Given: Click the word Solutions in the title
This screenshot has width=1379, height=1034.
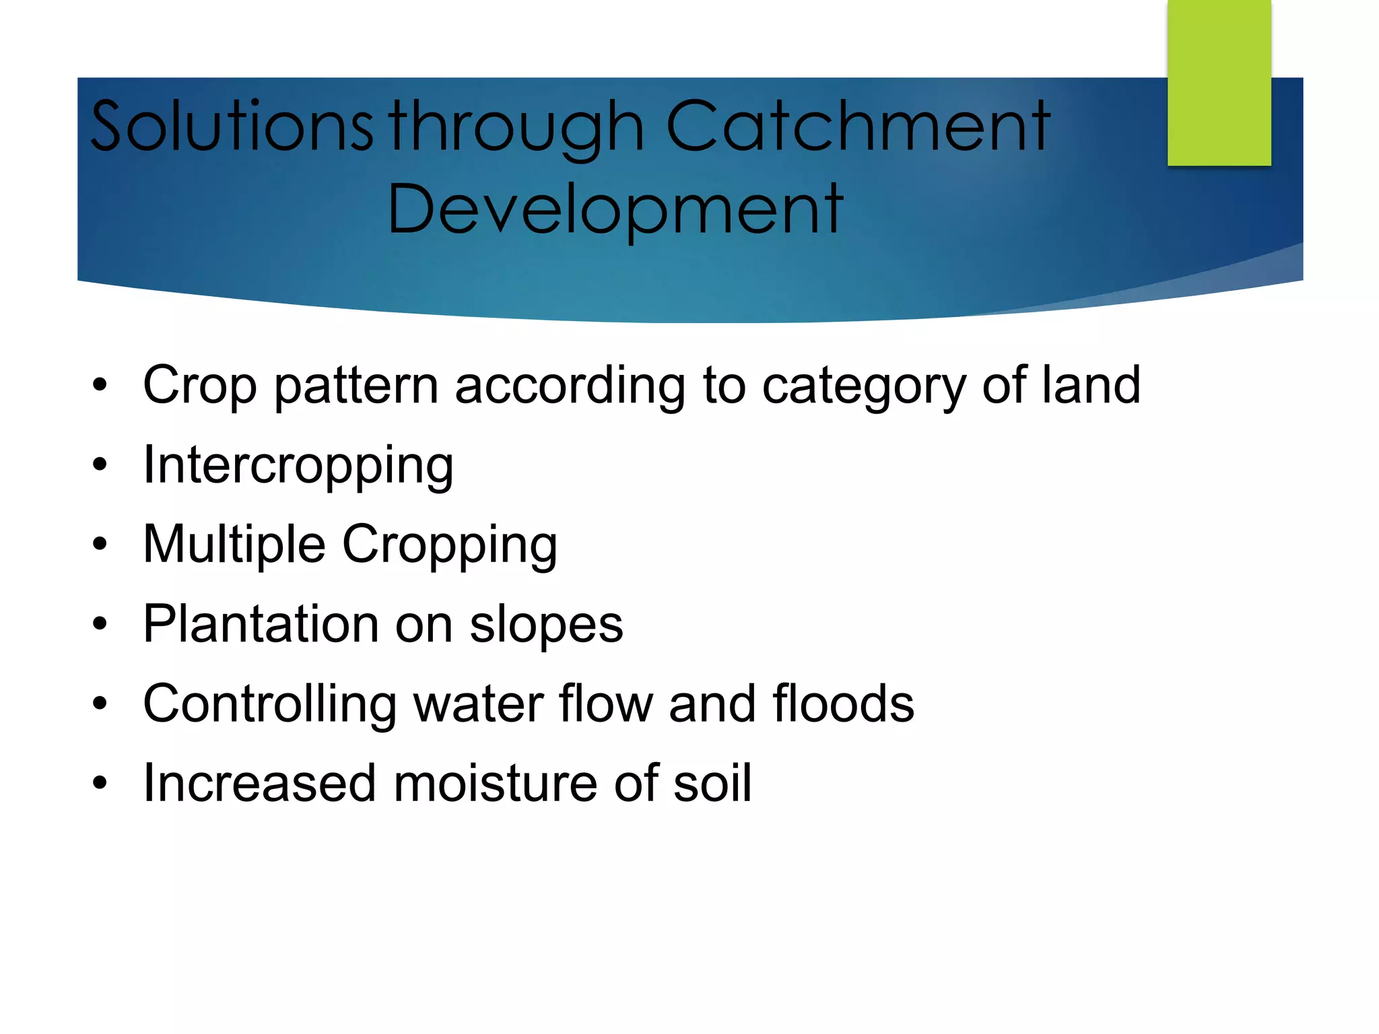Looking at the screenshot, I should [x=230, y=126].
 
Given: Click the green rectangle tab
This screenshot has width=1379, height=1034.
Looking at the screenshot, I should [x=1219, y=82].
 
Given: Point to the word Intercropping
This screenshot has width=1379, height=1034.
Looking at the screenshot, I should [x=298, y=465].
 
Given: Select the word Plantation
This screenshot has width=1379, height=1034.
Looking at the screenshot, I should [x=261, y=624].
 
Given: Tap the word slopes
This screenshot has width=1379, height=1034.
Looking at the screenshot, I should [x=546, y=624].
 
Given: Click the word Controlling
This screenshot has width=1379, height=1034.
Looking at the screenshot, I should [x=269, y=704].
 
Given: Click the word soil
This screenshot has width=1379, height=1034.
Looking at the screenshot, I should [x=712, y=784].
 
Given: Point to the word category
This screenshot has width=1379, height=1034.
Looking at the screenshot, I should [x=863, y=386].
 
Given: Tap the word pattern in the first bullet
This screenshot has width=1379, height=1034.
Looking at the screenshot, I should [x=356, y=386].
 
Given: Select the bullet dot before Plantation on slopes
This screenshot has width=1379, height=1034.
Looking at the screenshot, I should [x=100, y=624].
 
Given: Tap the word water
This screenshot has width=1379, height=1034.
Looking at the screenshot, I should [x=478, y=704].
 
